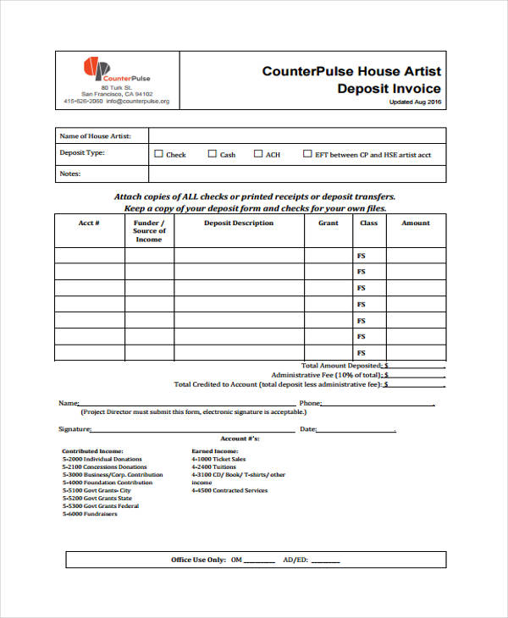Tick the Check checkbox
pos(158,155)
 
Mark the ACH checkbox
pos(257,155)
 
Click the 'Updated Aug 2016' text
pos(415,102)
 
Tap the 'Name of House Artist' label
pos(95,135)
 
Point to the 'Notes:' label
pos(69,174)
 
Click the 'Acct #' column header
pos(89,223)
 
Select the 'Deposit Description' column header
pos(239,223)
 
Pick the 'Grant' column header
pos(328,223)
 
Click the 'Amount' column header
pos(415,223)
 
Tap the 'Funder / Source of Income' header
pos(149,231)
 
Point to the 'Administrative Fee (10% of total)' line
pos(327,375)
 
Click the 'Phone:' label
pos(310,404)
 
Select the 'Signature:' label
pos(75,429)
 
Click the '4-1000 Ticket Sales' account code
pos(214,460)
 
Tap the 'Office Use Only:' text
pos(197,560)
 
